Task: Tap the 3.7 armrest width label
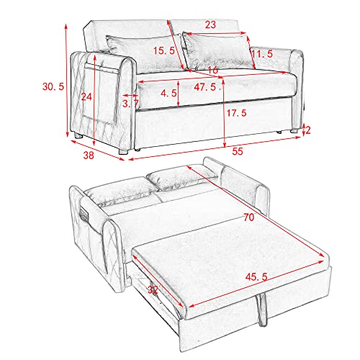(131, 104)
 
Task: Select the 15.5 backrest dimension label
(165, 50)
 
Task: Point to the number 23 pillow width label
(210, 24)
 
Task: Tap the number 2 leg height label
(307, 130)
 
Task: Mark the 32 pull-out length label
(151, 290)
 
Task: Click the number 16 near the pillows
(212, 71)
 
